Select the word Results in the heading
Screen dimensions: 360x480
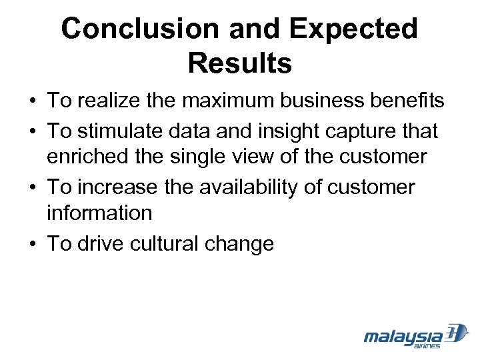239,63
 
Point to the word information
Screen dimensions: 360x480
99,213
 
